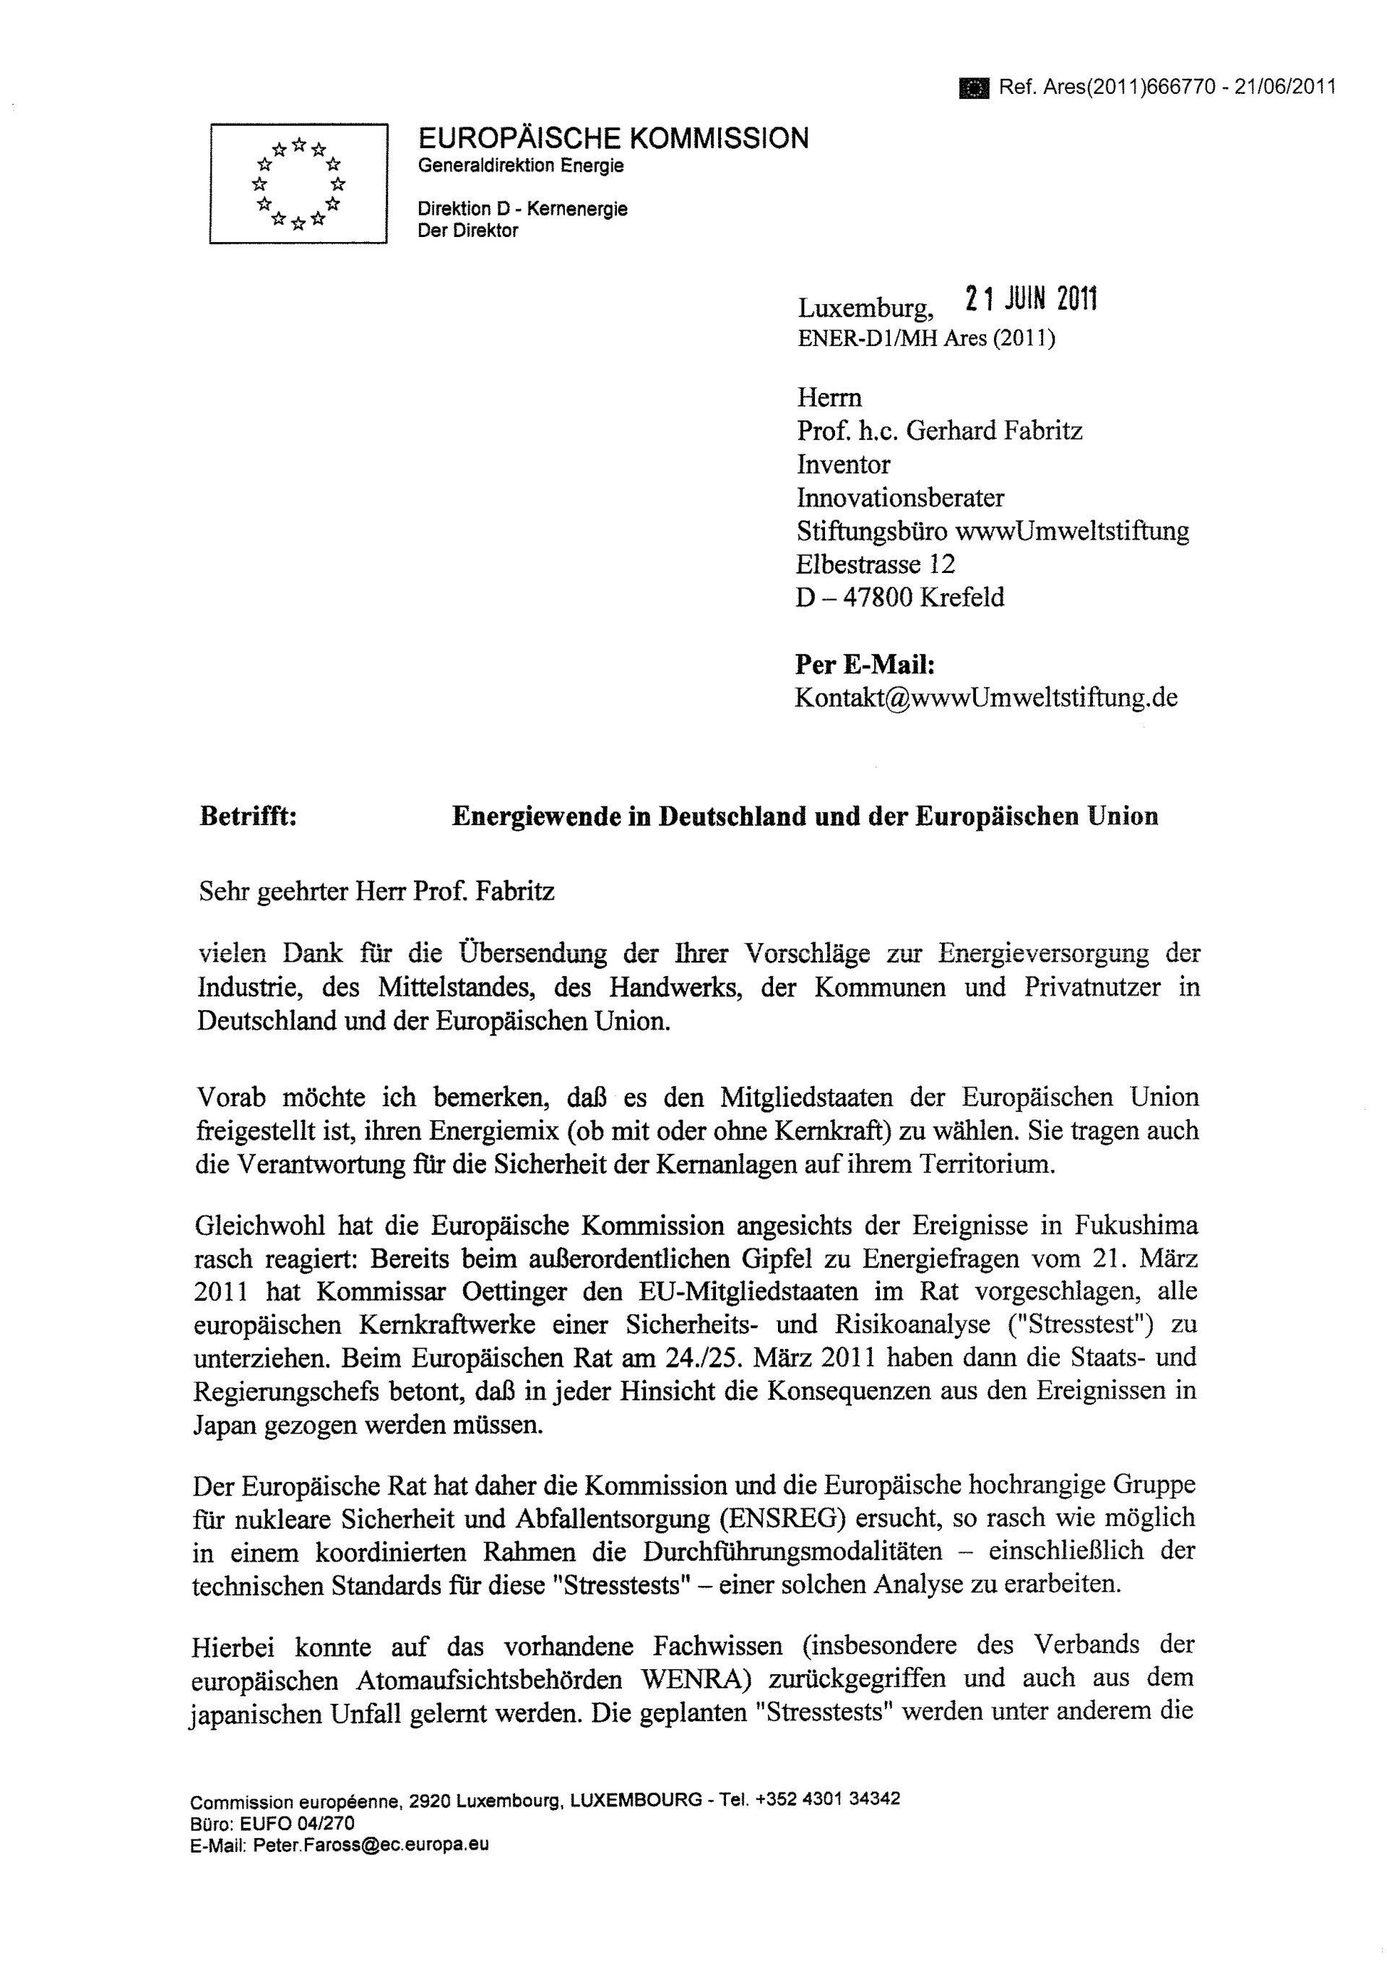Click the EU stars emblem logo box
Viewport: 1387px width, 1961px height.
tap(299, 184)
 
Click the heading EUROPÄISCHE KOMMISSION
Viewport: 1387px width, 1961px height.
tap(613, 138)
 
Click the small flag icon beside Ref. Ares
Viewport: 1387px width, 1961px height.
tap(973, 88)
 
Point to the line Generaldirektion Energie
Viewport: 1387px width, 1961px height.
tap(520, 165)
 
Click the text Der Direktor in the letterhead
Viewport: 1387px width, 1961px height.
tap(467, 230)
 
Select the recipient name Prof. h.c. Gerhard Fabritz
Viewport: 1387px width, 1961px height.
tap(939, 431)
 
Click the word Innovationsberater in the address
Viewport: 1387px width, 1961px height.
tap(900, 497)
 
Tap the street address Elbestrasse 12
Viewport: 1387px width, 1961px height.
tap(876, 564)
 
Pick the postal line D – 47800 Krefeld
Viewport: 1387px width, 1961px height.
tap(899, 597)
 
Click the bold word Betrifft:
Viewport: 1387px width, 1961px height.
tap(249, 816)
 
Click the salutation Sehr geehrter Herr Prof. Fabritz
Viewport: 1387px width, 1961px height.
tap(376, 892)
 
